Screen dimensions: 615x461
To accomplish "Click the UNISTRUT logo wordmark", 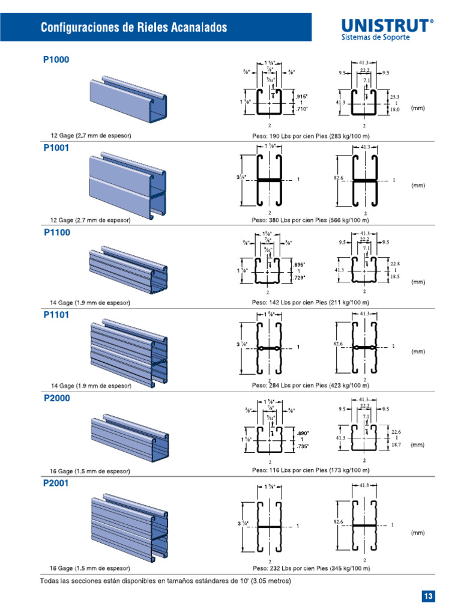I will coord(387,25).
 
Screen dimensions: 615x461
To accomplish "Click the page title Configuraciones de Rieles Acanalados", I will coord(134,28).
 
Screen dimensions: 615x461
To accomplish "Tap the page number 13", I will coord(427,596).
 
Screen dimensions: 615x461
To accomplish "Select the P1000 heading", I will coord(56,60).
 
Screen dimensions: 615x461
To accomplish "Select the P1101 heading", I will coord(56,314).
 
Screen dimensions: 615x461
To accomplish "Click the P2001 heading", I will coord(56,483).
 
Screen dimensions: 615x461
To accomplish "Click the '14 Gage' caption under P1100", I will coord(90,303).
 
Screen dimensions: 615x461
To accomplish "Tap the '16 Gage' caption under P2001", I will coord(90,568).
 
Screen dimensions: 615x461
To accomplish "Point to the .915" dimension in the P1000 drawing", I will coord(301,96).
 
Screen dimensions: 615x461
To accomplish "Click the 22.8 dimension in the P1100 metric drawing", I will coord(395,263).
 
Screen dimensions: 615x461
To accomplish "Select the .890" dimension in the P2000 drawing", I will coord(301,432).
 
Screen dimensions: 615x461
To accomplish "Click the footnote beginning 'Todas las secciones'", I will coord(165,581).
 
